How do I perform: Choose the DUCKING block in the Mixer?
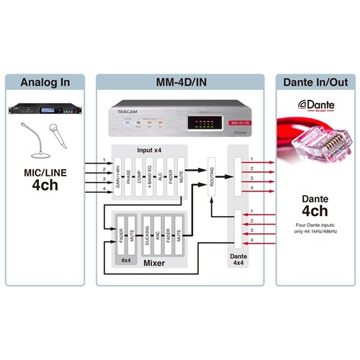[x=147, y=234]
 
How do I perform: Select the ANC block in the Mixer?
[x=158, y=234]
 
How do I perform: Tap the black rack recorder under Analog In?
[x=44, y=109]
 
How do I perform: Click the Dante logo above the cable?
[x=304, y=106]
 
